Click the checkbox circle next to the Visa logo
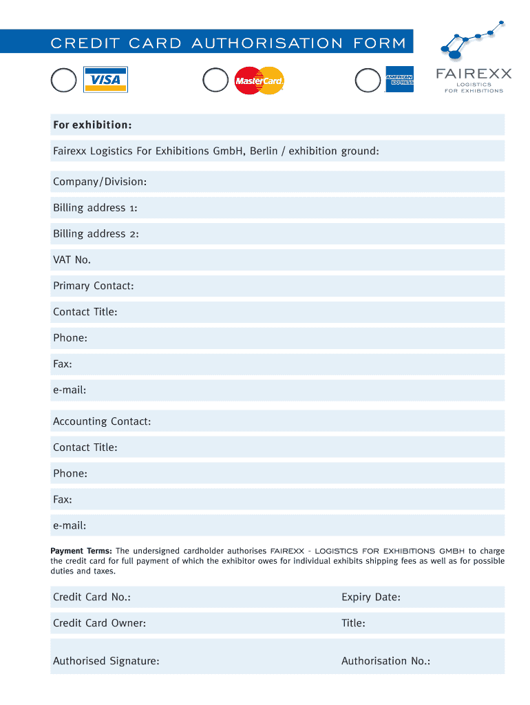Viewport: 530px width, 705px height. pyautogui.click(x=63, y=81)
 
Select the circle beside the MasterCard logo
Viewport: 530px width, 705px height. pyautogui.click(x=215, y=81)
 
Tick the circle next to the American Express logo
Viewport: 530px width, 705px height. pyautogui.click(x=368, y=81)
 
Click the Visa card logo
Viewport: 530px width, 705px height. pyautogui.click(x=105, y=80)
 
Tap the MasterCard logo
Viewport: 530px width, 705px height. pyautogui.click(x=259, y=81)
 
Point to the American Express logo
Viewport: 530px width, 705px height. pyautogui.click(x=399, y=79)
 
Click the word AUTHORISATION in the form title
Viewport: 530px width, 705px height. pyautogui.click(x=267, y=43)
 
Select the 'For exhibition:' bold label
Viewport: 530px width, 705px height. pyautogui.click(x=92, y=125)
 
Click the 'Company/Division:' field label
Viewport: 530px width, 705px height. pyautogui.click(x=100, y=182)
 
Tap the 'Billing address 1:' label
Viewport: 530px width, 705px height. pyautogui.click(x=96, y=208)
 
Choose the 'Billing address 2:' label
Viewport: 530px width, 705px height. pyautogui.click(x=96, y=234)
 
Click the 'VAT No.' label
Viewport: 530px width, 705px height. pyautogui.click(x=72, y=260)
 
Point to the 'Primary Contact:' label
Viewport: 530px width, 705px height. pyautogui.click(x=93, y=286)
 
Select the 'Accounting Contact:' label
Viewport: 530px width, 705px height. pyautogui.click(x=102, y=421)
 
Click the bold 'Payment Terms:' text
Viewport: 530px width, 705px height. pyautogui.click(x=81, y=551)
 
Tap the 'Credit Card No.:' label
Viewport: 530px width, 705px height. pyautogui.click(x=92, y=597)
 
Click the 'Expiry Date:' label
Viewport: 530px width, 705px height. pyautogui.click(x=370, y=597)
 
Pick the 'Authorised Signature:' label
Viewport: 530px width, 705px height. pyautogui.click(x=106, y=661)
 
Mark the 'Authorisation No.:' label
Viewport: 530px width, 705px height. pyautogui.click(x=385, y=661)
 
